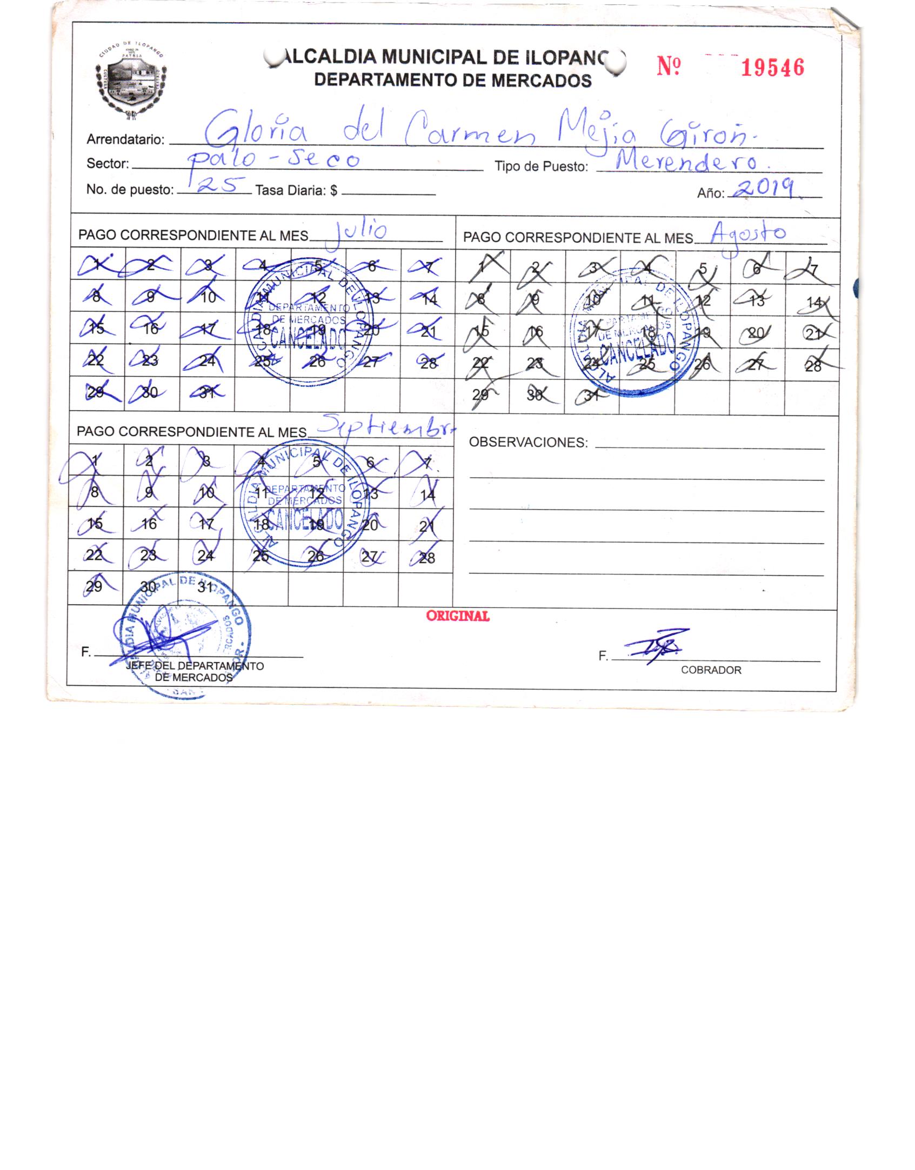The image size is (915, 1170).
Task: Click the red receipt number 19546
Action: pyautogui.click(x=772, y=68)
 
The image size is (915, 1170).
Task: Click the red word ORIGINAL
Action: pyautogui.click(x=458, y=616)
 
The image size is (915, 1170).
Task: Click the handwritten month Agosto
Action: pyautogui.click(x=748, y=233)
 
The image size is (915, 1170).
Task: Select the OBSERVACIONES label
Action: pyautogui.click(x=528, y=443)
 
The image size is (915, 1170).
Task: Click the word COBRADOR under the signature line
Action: pyautogui.click(x=711, y=670)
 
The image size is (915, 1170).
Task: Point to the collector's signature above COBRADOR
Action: pyautogui.click(x=657, y=645)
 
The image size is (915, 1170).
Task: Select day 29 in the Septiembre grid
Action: pyautogui.click(x=94, y=587)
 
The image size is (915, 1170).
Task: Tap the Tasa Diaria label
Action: pyautogui.click(x=296, y=190)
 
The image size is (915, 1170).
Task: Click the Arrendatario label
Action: pyautogui.click(x=125, y=140)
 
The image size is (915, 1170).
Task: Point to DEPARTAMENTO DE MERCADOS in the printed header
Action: pyautogui.click(x=453, y=81)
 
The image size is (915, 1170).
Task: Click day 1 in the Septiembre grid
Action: pyautogui.click(x=95, y=461)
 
